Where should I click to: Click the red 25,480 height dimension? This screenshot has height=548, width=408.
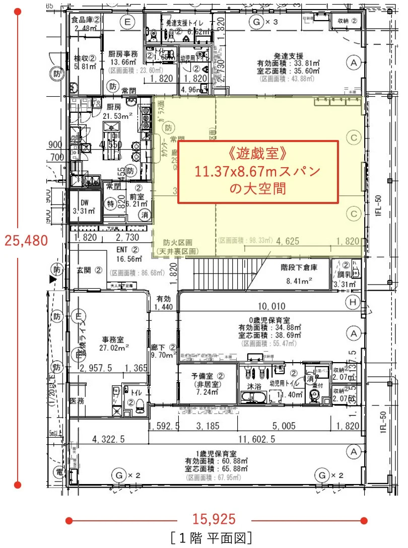click(27, 240)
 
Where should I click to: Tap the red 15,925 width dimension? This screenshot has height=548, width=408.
click(214, 519)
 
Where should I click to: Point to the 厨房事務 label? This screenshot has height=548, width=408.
click(123, 54)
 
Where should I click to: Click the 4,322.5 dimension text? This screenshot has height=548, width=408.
click(108, 439)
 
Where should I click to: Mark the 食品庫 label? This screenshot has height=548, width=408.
click(87, 20)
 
